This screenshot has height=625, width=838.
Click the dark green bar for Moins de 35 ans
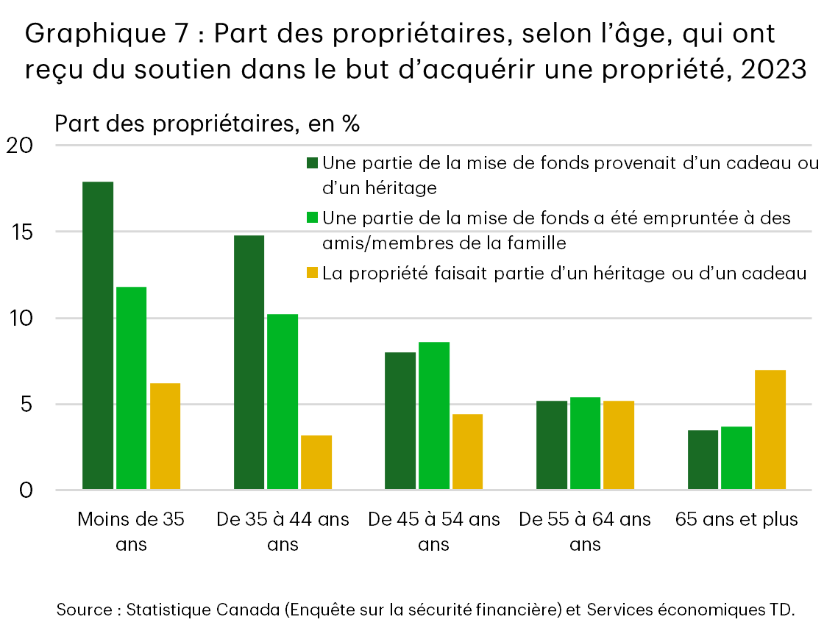(x=98, y=335)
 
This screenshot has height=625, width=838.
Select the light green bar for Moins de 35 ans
(x=132, y=388)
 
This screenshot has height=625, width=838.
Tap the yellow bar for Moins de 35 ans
(x=165, y=436)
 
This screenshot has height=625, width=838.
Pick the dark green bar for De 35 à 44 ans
(x=249, y=362)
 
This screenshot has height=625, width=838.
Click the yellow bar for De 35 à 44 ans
(x=316, y=463)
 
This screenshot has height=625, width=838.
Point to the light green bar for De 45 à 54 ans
(x=434, y=415)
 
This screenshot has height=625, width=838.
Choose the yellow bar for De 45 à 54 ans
(x=467, y=451)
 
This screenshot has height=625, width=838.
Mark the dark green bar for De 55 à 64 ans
(x=552, y=445)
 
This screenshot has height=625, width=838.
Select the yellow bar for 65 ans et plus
(x=770, y=429)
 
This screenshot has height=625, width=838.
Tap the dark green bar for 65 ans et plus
(x=703, y=460)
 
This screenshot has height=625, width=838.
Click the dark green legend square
(x=313, y=162)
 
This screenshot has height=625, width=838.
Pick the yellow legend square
(x=313, y=274)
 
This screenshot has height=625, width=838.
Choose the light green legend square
(x=313, y=218)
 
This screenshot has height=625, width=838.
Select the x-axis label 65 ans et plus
(x=736, y=519)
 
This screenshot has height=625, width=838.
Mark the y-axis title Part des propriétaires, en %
(x=207, y=123)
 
